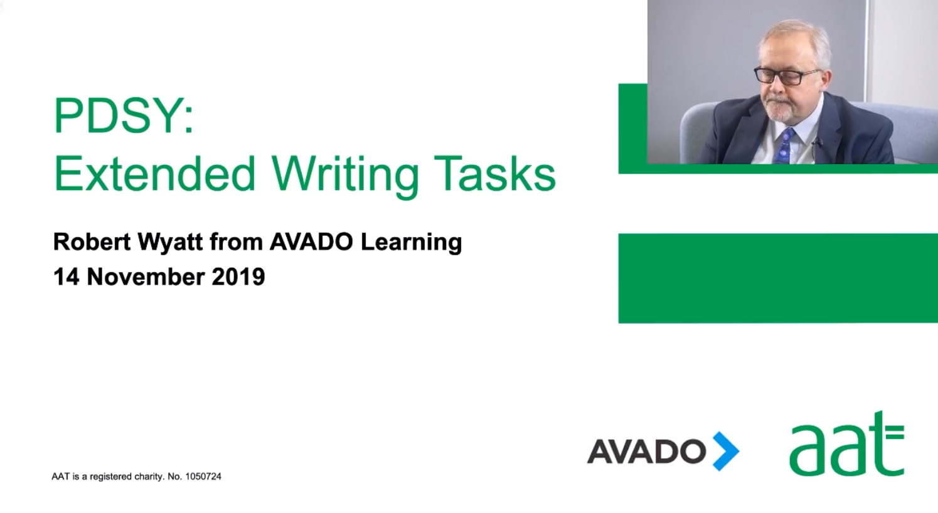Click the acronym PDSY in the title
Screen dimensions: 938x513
click(119, 116)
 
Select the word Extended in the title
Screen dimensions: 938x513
click(154, 173)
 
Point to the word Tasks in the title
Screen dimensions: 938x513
click(495, 173)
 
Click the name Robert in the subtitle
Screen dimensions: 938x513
click(92, 242)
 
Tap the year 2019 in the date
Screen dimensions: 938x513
click(238, 277)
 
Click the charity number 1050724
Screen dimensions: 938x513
click(203, 477)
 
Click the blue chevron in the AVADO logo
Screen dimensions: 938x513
click(727, 451)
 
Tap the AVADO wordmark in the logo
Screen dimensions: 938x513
click(646, 452)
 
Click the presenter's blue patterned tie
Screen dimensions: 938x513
click(784, 147)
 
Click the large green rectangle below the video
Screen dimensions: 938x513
click(778, 278)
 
